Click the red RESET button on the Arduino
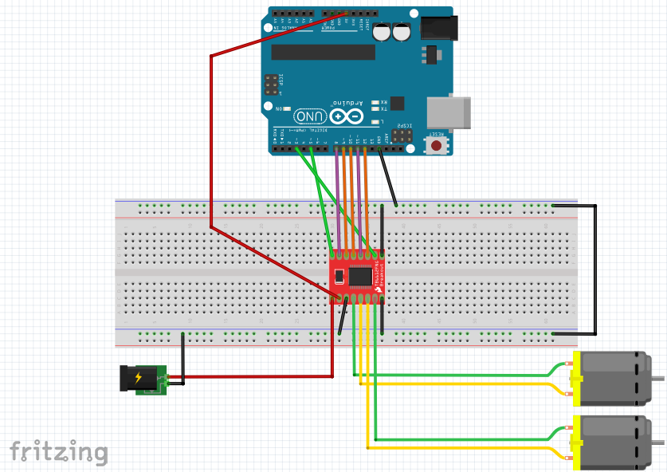pos(436,146)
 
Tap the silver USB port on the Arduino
pos(449,112)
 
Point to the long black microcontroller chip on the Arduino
pos(323,52)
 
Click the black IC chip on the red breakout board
pos(361,276)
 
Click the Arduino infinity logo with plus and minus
pos(347,117)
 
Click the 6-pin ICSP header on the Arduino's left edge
pos(272,85)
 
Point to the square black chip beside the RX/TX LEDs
pos(397,103)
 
